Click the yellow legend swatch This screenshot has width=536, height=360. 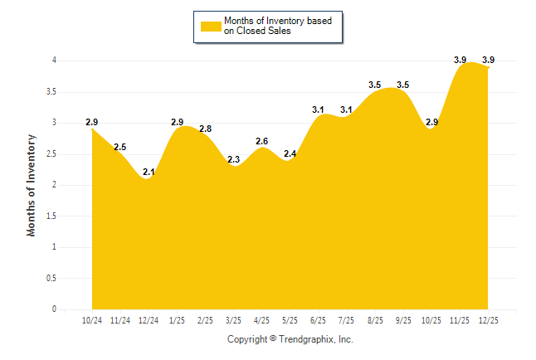click(x=210, y=26)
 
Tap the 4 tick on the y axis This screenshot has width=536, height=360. click(x=53, y=61)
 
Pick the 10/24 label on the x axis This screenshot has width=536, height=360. click(x=91, y=321)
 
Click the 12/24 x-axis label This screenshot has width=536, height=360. click(x=149, y=321)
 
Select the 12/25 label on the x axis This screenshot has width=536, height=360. click(x=489, y=321)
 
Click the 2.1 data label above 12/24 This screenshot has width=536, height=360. click(x=149, y=172)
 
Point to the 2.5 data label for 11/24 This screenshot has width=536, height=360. click(x=119, y=147)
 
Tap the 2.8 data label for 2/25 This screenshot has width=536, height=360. click(x=205, y=129)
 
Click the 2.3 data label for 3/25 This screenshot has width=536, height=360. click(x=233, y=159)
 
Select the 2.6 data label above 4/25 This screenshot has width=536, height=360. click(x=261, y=141)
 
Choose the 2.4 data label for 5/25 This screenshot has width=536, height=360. click(x=290, y=153)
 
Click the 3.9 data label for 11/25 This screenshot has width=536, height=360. click(x=460, y=60)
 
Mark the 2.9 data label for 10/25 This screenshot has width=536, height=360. click(x=432, y=122)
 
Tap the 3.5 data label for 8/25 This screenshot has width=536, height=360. click(x=375, y=85)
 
